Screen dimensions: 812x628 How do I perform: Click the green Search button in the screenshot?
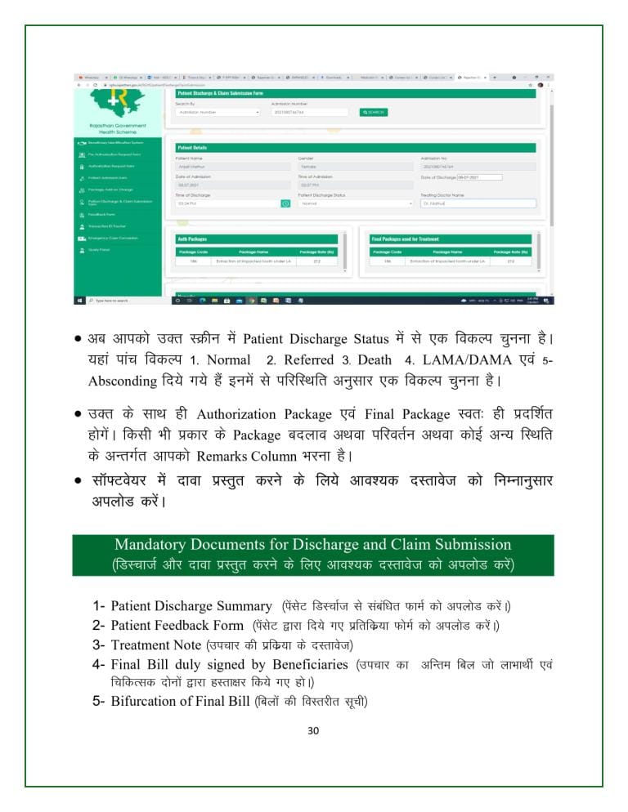pos(372,112)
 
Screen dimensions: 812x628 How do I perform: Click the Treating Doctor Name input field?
pos(478,203)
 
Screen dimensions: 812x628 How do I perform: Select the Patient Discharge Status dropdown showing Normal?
pos(356,203)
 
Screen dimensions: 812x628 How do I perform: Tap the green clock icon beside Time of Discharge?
pos(286,203)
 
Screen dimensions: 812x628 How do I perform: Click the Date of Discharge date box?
pos(479,176)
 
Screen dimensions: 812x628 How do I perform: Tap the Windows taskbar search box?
pos(123,300)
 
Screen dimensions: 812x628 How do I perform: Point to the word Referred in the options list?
pos(308,359)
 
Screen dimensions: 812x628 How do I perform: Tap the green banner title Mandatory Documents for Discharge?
pos(312,545)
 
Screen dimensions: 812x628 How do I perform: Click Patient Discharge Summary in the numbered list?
pos(191,606)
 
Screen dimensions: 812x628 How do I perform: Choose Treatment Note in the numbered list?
pos(155,645)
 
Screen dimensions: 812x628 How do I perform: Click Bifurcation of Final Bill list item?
pos(180,702)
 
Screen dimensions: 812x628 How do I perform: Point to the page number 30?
pos(313,731)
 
